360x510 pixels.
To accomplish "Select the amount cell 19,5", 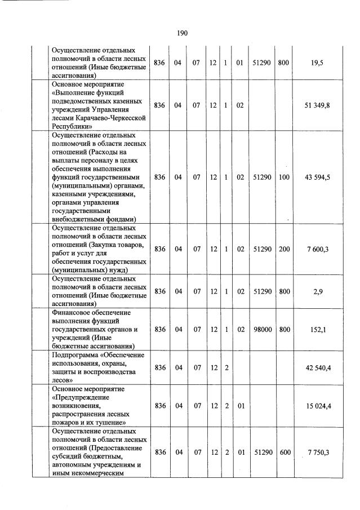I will [x=317, y=63].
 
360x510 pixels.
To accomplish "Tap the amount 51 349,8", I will [x=318, y=105].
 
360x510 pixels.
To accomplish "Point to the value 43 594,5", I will [x=317, y=177].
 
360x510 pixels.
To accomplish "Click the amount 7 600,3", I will [x=317, y=249].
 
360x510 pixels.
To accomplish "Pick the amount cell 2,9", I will [x=317, y=291].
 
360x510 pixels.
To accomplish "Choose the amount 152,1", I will [x=317, y=329].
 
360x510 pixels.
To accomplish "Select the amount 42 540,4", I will [x=318, y=367].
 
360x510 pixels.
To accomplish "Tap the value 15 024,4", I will [x=318, y=405].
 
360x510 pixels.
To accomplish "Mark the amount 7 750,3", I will [x=318, y=453].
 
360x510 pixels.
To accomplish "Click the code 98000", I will [x=263, y=329].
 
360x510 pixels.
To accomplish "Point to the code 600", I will [x=283, y=453].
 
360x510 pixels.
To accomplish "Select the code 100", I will [x=283, y=177].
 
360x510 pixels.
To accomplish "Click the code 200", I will [x=283, y=249].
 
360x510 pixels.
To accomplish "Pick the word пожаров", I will [x=66, y=422].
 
